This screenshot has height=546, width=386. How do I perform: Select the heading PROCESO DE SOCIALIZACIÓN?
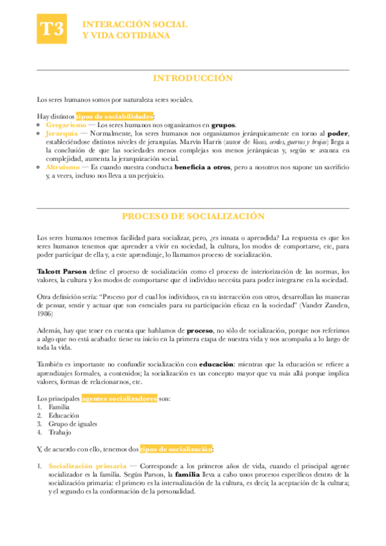[193, 216]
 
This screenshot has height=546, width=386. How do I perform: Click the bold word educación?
[221, 364]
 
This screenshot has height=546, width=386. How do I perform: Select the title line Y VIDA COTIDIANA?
[127, 35]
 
